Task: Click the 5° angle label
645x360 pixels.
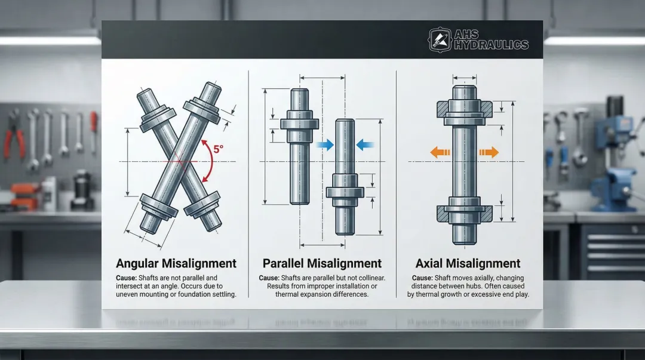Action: pos(218,149)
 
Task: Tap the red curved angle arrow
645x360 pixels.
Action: pos(211,161)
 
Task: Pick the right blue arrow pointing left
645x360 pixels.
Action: pos(365,144)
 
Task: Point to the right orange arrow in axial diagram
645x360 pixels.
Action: pos(489,152)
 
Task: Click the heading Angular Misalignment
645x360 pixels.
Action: pos(176,263)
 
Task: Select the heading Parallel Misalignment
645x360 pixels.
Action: pos(322,263)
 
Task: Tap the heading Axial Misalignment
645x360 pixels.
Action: pos(468,263)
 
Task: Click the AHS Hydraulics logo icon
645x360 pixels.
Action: pos(440,40)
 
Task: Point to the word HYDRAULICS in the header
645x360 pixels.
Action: pos(491,44)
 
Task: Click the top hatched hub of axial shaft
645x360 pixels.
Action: pos(465,110)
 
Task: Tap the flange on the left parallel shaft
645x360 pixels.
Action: pos(299,124)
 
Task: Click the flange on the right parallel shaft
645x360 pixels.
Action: pos(345,192)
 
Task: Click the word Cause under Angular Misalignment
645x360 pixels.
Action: pos(126,278)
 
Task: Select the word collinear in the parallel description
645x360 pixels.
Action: pos(370,278)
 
